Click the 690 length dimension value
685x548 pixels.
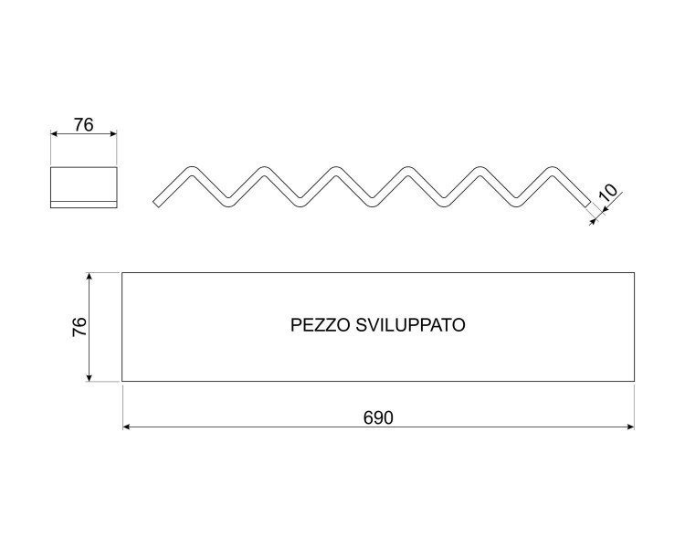378,418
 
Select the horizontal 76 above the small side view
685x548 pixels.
83,125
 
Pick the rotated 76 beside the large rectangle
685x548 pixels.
79,326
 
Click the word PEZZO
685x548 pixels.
320,325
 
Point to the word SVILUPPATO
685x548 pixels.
411,325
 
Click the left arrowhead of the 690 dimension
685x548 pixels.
126,427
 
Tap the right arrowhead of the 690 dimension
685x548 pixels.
630,427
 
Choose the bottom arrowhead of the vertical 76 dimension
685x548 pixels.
90,377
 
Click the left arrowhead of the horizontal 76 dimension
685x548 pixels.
54,133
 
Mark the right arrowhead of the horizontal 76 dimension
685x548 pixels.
113,133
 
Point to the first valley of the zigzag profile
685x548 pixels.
227,203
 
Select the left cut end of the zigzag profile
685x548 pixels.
156,203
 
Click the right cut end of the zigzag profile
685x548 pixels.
587,203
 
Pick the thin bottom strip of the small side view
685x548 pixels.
83,205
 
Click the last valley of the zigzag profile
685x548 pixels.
516,203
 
